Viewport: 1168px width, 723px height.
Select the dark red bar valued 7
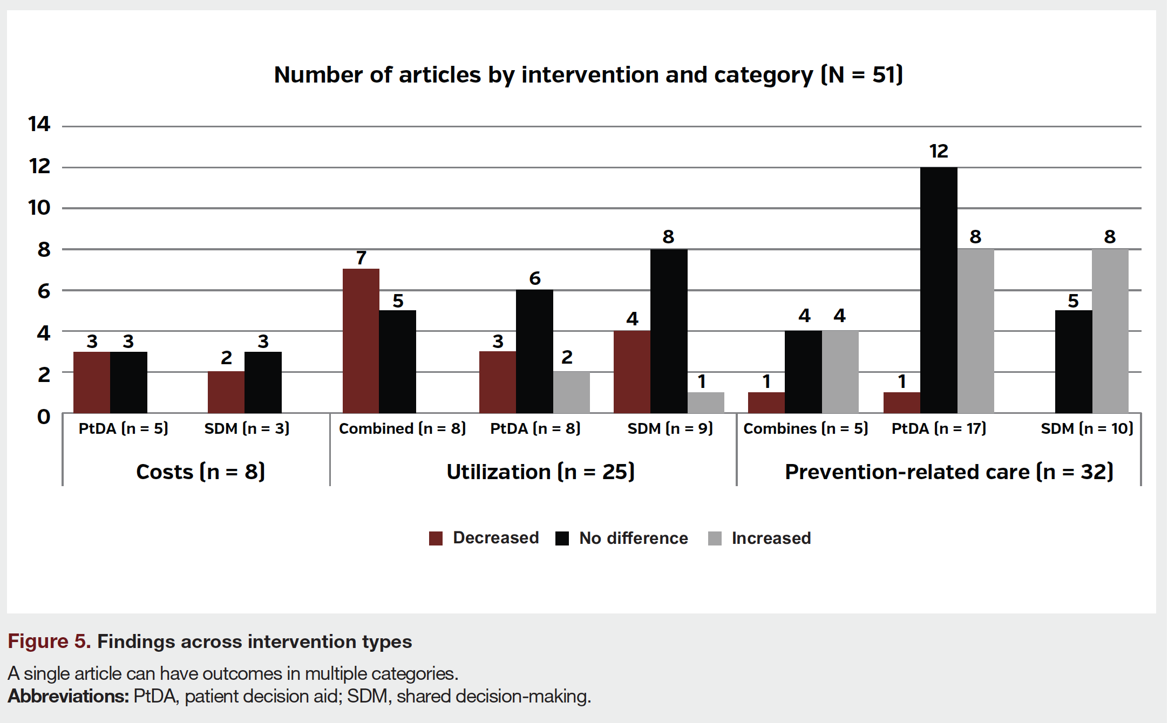[361, 340]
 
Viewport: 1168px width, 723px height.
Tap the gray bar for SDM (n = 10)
[1110, 331]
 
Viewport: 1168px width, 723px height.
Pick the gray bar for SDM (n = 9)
[705, 403]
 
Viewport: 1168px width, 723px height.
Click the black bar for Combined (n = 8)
[397, 361]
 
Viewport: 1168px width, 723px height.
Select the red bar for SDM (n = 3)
[226, 392]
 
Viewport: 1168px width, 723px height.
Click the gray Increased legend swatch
[715, 538]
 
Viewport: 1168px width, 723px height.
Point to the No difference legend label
[633, 538]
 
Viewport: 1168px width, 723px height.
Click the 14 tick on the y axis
[39, 125]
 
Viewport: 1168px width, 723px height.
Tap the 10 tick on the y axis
[39, 208]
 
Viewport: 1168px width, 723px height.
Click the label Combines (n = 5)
[805, 428]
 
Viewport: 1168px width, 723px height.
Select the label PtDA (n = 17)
[939, 428]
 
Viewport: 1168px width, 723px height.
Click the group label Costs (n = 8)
[200, 472]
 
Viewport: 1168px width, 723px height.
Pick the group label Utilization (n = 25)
[540, 472]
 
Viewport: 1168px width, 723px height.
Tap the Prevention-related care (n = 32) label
[949, 472]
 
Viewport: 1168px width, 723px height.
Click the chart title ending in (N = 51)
[588, 74]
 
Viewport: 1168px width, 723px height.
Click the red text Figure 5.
[49, 642]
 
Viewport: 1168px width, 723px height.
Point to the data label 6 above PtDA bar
[534, 278]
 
